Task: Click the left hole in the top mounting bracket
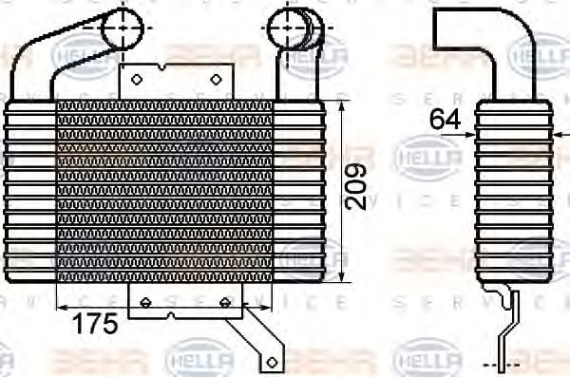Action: pyautogui.click(x=136, y=79)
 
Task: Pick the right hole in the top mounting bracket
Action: pyautogui.click(x=217, y=79)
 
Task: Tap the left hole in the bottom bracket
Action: pyautogui.click(x=145, y=302)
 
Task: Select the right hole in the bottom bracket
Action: pyautogui.click(x=225, y=302)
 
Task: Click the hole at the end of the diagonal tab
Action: pyautogui.click(x=270, y=361)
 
